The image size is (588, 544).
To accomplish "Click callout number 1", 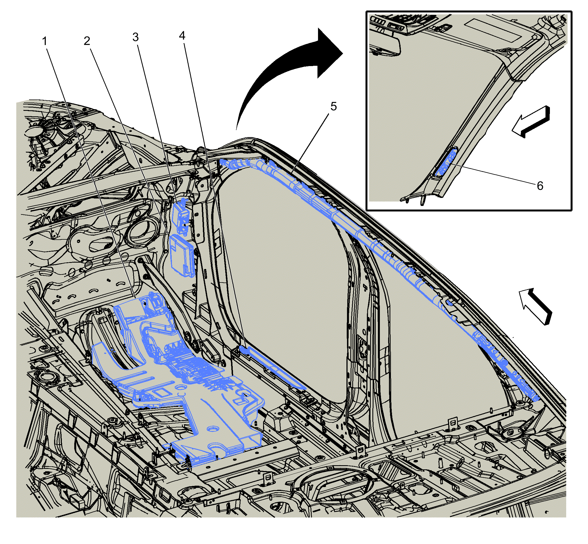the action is tap(45, 41).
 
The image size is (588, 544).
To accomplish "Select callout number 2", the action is tap(87, 41).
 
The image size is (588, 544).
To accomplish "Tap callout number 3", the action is tap(135, 37).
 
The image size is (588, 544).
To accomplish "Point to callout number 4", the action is tap(182, 36).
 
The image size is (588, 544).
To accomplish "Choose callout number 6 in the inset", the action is tap(540, 186).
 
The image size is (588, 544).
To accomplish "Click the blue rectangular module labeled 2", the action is tap(182, 255).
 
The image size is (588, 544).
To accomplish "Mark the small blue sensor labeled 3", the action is tap(181, 216).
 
